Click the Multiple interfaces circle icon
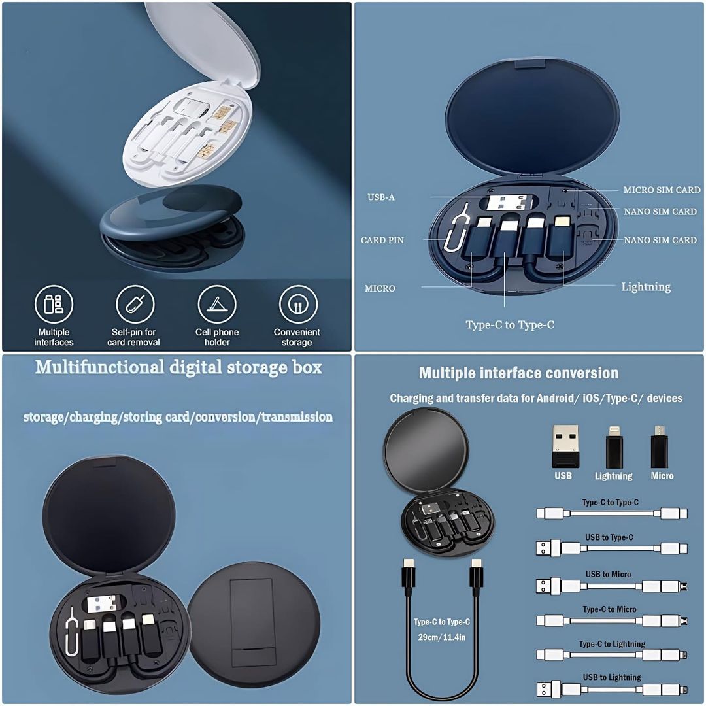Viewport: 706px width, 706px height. coord(54,304)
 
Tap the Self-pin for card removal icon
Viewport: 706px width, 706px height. coord(135,305)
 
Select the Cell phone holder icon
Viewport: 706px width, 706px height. coord(216,305)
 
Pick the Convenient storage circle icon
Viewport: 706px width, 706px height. coord(297,305)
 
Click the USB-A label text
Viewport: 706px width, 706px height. coord(381,197)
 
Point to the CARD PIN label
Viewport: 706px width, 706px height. coord(382,240)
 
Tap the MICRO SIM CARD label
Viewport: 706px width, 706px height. coord(662,190)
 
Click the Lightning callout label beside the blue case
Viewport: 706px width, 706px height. coord(646,286)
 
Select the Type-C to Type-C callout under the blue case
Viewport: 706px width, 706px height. coord(510,324)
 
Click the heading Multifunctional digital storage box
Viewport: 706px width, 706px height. coord(178,367)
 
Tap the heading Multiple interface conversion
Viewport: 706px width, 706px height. coord(518,373)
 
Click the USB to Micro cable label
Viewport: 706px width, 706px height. coord(608,574)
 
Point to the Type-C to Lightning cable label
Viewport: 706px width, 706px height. coord(612,644)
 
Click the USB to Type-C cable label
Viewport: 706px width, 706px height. coord(609,537)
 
